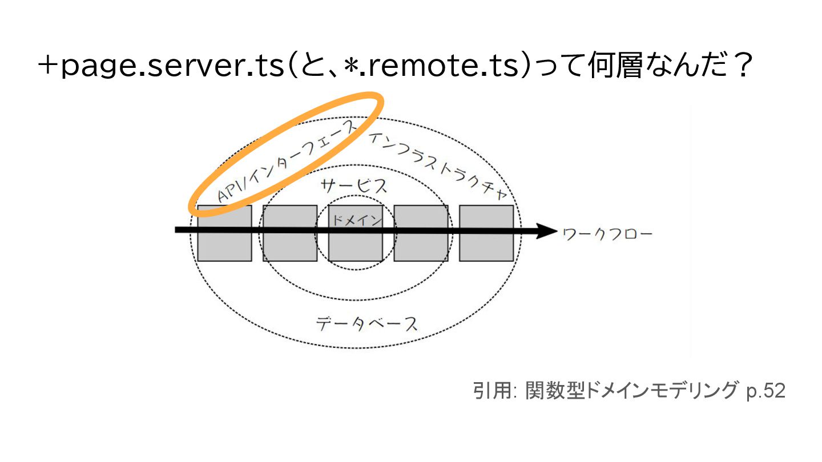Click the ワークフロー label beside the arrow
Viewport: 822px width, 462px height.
tap(607, 234)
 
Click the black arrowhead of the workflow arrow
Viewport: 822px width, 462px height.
tap(546, 231)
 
